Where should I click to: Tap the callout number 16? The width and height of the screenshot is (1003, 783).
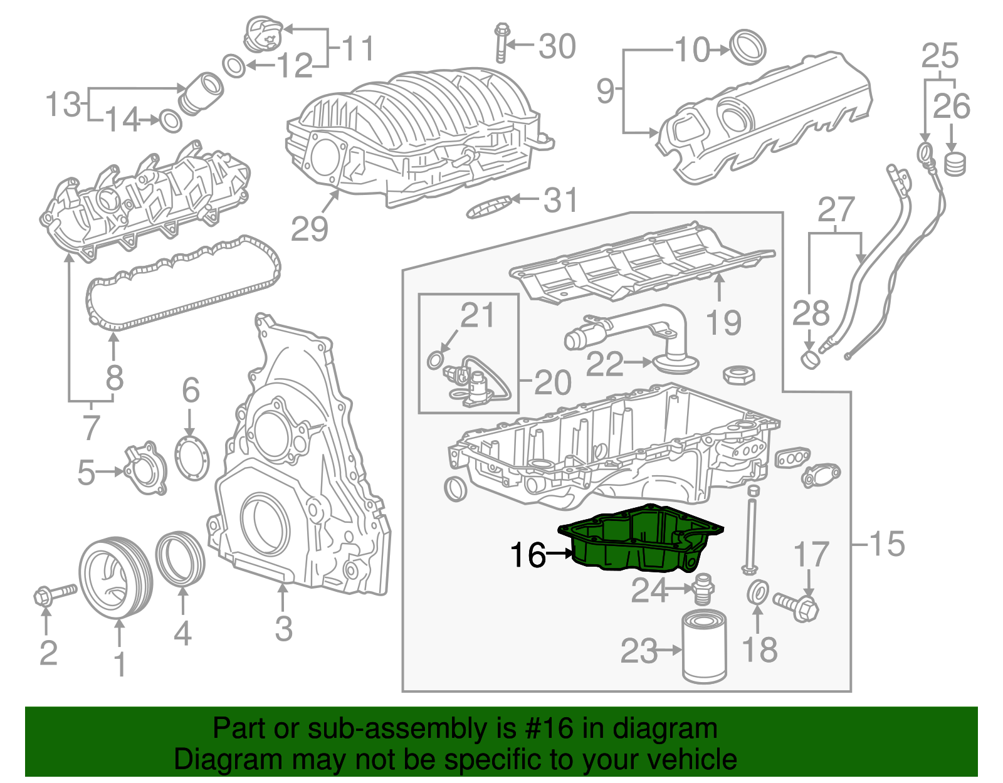coord(528,555)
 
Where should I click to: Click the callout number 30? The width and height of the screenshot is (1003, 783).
coord(557,47)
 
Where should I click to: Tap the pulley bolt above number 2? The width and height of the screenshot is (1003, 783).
coord(53,594)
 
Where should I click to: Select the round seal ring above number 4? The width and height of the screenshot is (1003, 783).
coord(181,558)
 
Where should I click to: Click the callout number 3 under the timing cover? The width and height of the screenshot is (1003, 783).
coord(283,629)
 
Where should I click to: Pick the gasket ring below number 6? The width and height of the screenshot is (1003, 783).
coord(192,458)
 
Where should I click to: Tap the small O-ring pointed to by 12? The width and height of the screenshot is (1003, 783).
coord(234,66)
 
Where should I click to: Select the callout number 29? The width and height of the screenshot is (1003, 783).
coord(310,229)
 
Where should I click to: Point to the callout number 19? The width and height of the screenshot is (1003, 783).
coord(723,323)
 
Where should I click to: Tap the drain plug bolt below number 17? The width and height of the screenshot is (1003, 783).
coord(796,606)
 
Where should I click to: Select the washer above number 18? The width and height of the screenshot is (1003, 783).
coord(759,592)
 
